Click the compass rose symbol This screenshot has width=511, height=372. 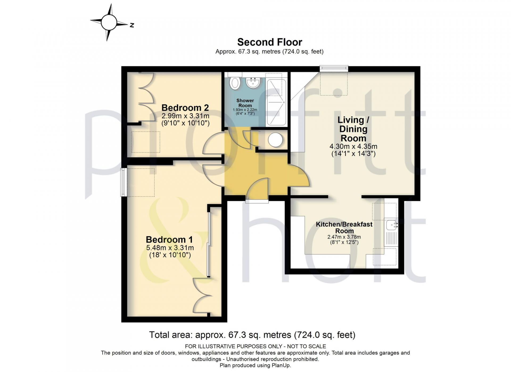tap(109, 22)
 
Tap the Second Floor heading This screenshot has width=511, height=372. tap(270, 42)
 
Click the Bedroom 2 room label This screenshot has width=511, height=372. tap(185, 108)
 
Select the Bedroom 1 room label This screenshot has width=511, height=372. tap(169, 240)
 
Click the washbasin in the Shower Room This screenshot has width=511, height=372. tap(253, 83)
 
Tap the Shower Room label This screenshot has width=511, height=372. tap(245, 103)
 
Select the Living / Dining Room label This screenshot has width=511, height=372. tap(353, 129)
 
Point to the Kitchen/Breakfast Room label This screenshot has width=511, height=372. tap(344, 228)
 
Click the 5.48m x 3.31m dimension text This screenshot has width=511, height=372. tap(170, 248)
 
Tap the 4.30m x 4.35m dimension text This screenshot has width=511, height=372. tap(353, 146)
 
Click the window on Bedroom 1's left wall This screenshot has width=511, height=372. tap(124, 182)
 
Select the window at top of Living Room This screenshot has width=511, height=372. tap(334, 68)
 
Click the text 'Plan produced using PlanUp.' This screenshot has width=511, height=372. tap(255, 366)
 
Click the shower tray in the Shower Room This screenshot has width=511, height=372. tap(276, 102)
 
